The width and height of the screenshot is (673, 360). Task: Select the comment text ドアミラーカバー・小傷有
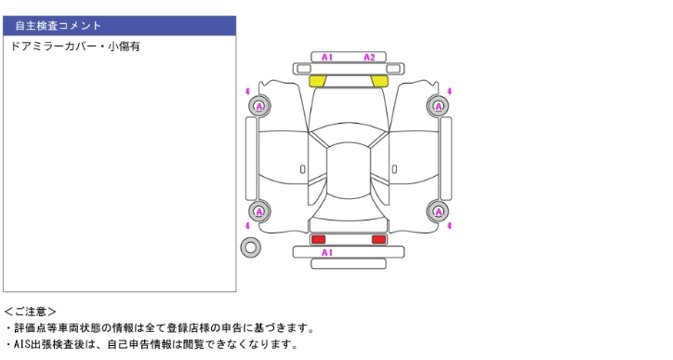click(x=75, y=46)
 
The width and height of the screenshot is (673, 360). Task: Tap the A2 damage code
click(x=369, y=57)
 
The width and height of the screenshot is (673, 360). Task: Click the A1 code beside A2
click(x=327, y=57)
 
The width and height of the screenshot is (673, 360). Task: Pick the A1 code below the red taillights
click(x=327, y=252)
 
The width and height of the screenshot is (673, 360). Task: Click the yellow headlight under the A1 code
click(x=318, y=81)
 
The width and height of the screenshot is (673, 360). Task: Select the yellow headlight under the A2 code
click(x=379, y=81)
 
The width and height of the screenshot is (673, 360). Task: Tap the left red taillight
click(x=318, y=239)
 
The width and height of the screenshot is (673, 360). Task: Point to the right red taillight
click(x=378, y=239)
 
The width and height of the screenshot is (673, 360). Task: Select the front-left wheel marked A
click(x=259, y=106)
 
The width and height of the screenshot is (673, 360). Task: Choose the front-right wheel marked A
click(x=438, y=106)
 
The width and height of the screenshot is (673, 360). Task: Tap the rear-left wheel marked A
click(x=259, y=211)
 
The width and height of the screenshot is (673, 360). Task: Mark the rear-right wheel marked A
click(x=438, y=211)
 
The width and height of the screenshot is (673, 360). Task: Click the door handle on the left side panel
click(x=303, y=169)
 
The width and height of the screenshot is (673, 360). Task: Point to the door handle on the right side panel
click(x=394, y=169)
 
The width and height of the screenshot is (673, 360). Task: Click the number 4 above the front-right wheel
click(x=449, y=91)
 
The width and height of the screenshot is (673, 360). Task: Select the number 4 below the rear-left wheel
click(x=247, y=225)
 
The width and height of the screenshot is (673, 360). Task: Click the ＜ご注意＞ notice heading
click(x=30, y=312)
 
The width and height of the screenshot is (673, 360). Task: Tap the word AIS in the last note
click(x=20, y=344)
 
